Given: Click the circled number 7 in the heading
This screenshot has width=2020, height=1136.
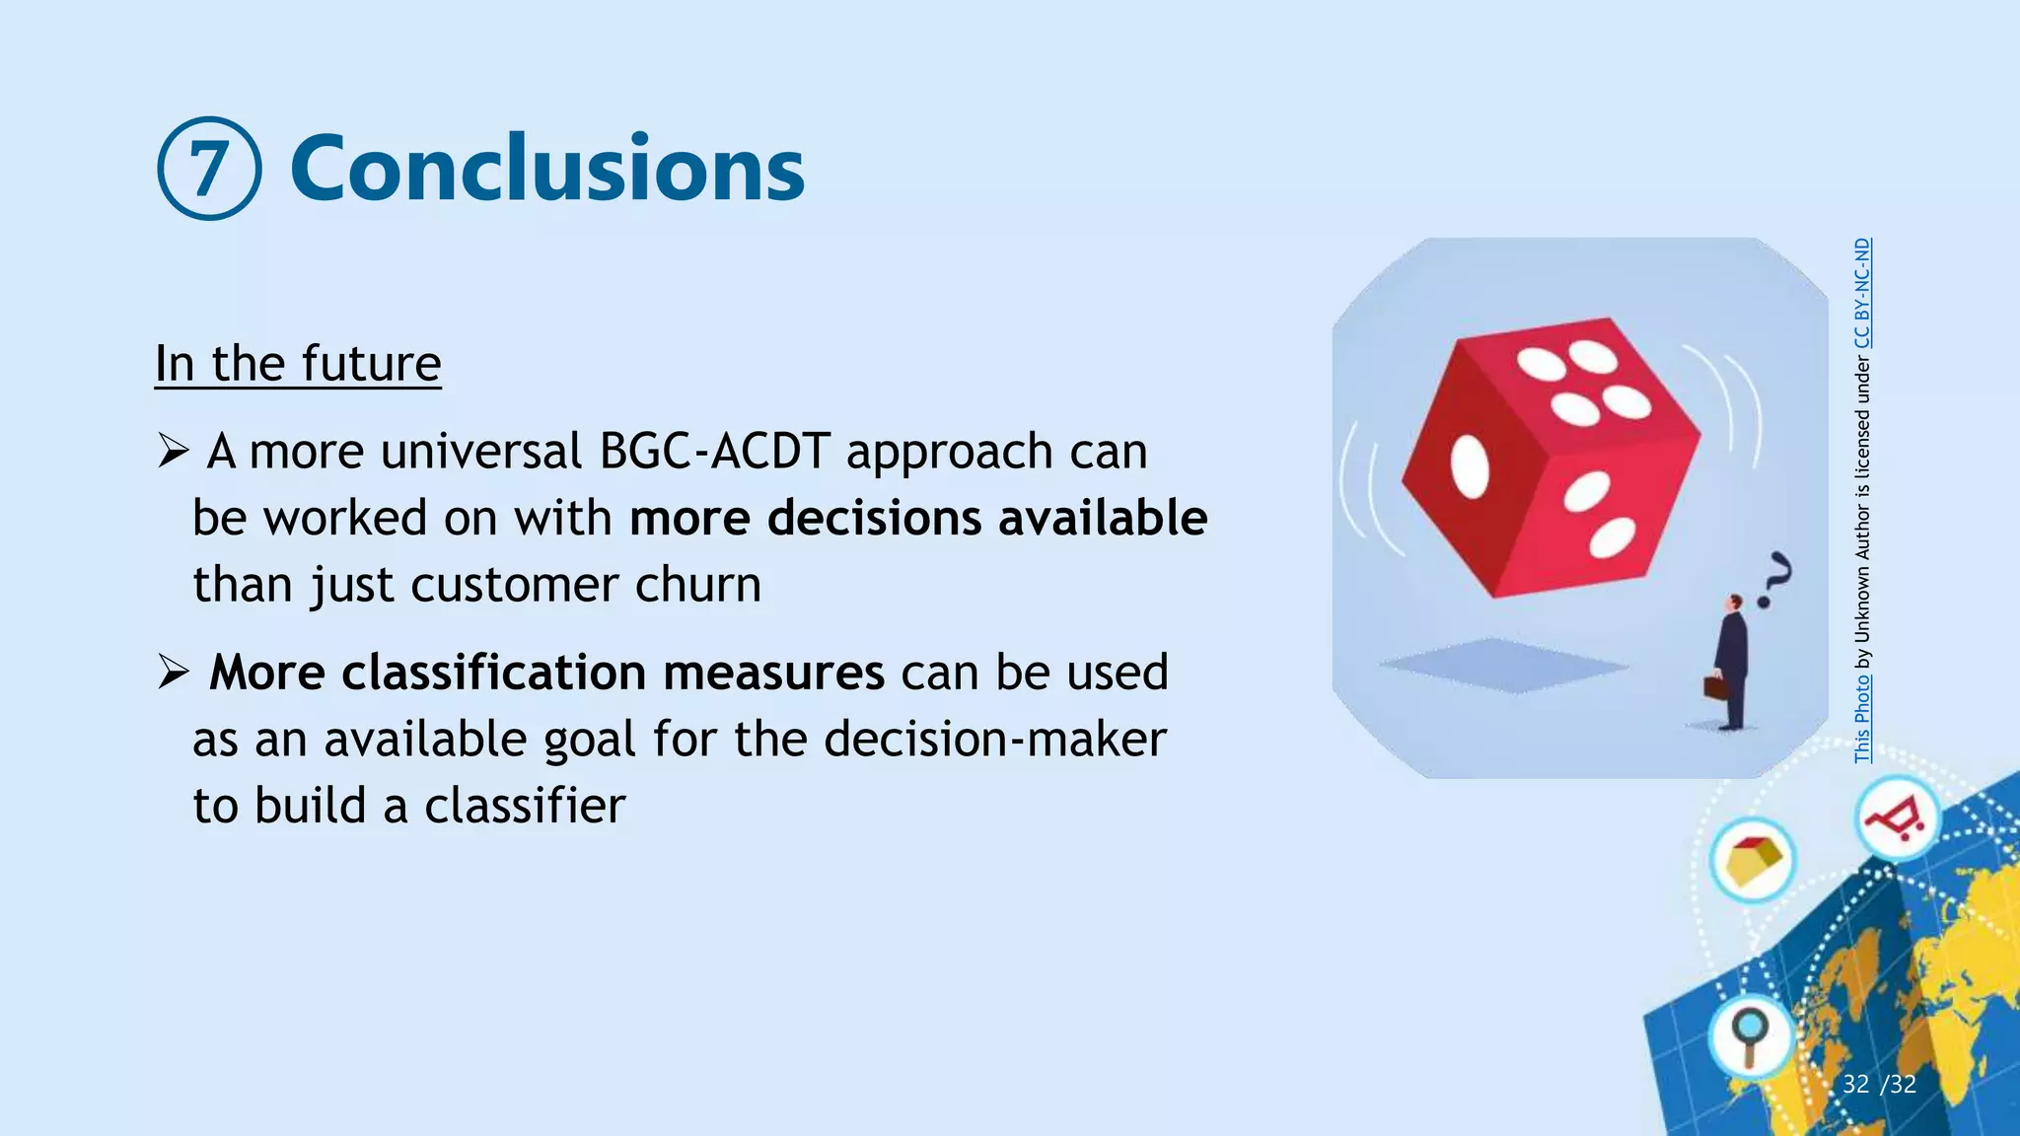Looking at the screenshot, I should tap(209, 169).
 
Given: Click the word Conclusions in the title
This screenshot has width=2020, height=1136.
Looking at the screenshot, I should tap(547, 169).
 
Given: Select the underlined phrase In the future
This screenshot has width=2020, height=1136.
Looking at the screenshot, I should tap(298, 363).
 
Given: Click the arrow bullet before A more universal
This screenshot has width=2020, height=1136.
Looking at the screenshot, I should tap(174, 453).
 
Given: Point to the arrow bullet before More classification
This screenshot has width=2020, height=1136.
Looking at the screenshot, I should tap(174, 674).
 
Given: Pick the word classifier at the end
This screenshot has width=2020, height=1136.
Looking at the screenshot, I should tap(525, 806).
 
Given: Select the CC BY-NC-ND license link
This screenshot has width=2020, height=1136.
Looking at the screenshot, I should tap(1862, 294).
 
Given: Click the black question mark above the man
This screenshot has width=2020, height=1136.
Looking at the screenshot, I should tap(1775, 580).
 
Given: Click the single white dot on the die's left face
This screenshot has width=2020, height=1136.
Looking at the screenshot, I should tap(1470, 465).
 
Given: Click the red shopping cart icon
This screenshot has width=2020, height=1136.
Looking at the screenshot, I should tap(1896, 818).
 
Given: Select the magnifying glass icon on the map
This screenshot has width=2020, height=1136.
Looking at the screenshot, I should tap(1751, 1035).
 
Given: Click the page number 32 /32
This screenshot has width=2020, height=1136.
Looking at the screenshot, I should tap(1879, 1085).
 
